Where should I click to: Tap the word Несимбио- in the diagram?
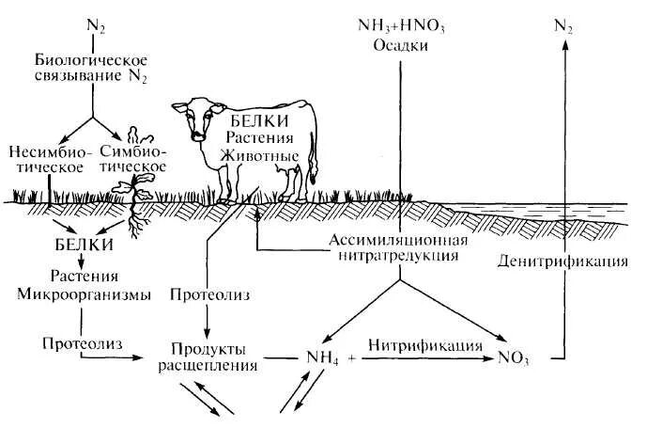point(47,151)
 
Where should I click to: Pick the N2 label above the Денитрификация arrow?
point(563,27)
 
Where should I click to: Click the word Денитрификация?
point(562,259)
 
